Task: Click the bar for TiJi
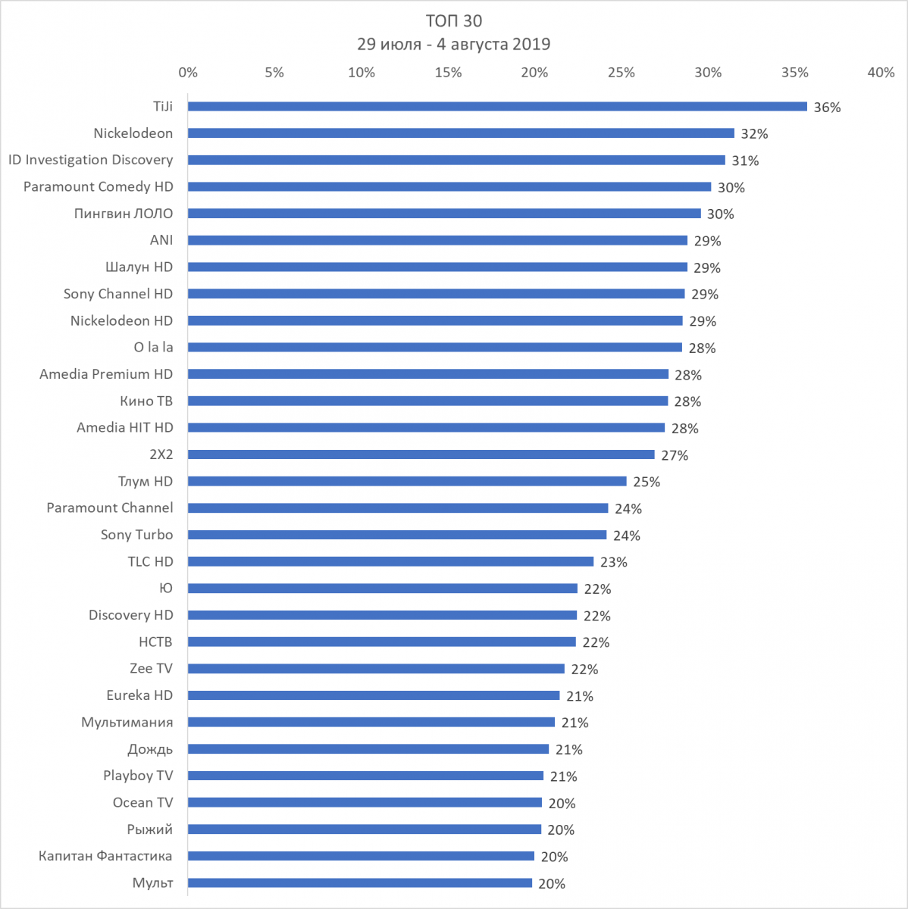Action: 497,107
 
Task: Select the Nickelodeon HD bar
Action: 435,321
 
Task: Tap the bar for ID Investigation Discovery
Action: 456,161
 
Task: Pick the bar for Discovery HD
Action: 382,615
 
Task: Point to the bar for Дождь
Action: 368,749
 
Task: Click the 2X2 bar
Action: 421,454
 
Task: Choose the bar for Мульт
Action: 360,883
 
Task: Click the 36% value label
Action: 827,108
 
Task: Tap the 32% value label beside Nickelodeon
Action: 754,134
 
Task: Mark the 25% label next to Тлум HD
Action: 647,482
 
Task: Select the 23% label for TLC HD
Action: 613,562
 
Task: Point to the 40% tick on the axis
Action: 881,73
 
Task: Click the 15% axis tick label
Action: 448,73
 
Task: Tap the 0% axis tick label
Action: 188,73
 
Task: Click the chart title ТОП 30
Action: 453,20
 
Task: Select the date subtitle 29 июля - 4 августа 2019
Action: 453,44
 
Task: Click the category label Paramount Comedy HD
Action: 98,187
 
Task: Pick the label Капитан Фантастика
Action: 105,856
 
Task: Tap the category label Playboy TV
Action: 138,776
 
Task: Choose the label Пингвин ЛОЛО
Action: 123,214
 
